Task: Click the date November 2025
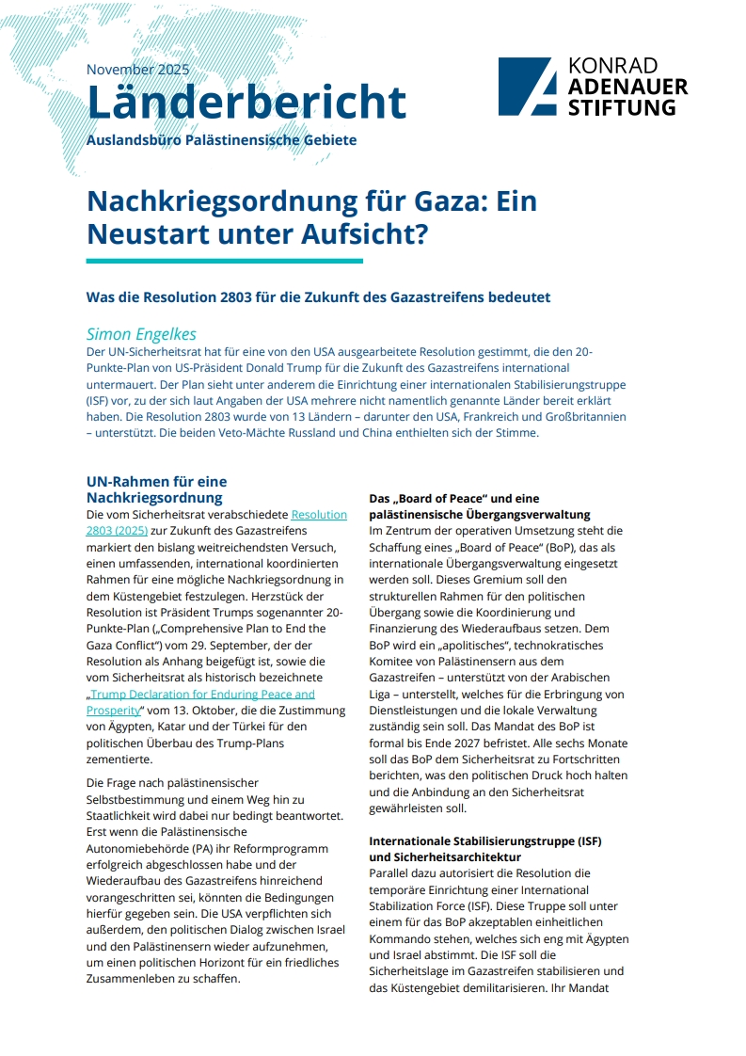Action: point(137,70)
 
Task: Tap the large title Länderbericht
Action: point(246,102)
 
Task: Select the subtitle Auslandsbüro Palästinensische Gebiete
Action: point(221,140)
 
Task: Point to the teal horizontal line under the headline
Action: point(224,261)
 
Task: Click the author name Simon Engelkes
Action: point(141,334)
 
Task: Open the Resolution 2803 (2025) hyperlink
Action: point(319,515)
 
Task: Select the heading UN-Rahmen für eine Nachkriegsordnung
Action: point(156,489)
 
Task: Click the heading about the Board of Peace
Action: point(479,505)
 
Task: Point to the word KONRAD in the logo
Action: point(613,66)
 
